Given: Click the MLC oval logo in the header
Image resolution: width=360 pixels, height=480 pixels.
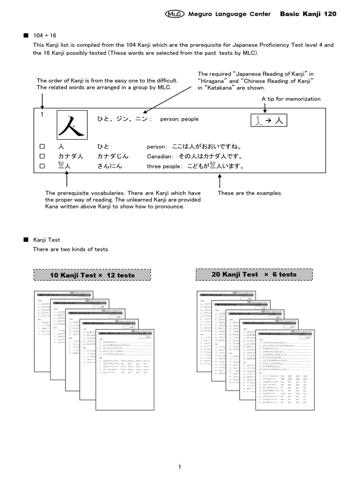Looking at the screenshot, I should (x=174, y=14).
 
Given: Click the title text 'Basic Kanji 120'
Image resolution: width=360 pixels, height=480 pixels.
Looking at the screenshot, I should (x=307, y=14).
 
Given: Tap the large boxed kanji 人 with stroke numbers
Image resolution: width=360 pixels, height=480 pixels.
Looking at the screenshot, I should (x=71, y=126).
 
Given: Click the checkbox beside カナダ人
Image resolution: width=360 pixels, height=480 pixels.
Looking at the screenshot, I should (x=42, y=156).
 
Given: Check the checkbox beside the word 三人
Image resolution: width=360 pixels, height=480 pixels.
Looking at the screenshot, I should (x=42, y=165).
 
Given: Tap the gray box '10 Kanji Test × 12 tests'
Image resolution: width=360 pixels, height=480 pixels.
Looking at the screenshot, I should (x=92, y=275).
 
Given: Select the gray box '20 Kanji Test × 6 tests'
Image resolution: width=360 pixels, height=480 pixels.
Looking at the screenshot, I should (x=254, y=274).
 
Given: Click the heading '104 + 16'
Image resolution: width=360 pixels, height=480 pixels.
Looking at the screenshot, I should (x=45, y=36).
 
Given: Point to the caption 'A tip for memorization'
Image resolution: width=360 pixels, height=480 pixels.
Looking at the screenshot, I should (x=291, y=99).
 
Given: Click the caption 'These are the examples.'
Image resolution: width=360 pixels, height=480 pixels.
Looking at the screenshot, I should (x=250, y=193).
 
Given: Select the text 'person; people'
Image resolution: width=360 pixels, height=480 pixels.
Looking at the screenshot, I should (x=180, y=119).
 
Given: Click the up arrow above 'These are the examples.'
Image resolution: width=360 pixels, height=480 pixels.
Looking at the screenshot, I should (x=219, y=180).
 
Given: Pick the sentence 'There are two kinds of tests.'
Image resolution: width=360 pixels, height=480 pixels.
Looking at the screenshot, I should (x=71, y=249).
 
